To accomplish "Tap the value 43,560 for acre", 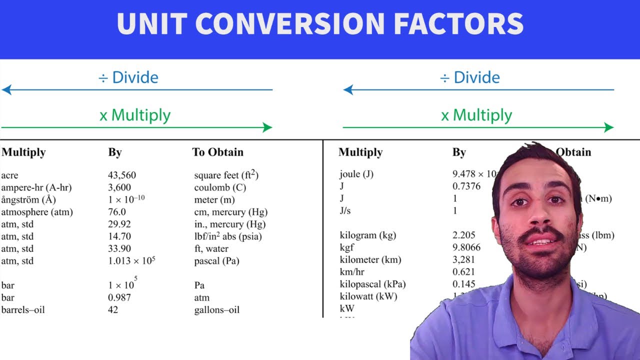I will click(122, 175).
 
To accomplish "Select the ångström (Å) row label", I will click(28, 200).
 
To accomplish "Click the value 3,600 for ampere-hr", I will click(119, 187).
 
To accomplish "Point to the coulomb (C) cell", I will click(220, 187).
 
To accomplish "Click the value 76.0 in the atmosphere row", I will click(117, 212).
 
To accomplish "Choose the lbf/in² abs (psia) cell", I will click(228, 236).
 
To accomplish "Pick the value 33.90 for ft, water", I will click(119, 248).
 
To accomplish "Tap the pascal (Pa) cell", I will click(216, 261).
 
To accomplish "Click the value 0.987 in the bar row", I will click(119, 297).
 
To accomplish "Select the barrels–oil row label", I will click(23, 310).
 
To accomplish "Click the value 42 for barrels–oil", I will click(113, 310).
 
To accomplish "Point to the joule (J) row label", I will click(356, 174).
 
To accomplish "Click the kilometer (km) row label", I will click(370, 259).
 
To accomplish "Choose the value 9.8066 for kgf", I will click(466, 247).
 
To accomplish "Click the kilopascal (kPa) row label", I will click(372, 284).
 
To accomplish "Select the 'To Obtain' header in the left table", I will click(218, 152).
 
